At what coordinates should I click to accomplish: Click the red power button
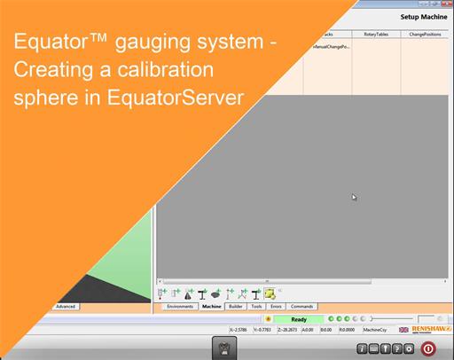click(x=428, y=348)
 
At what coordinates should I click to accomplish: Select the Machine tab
click(x=211, y=306)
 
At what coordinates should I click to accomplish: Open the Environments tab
click(x=180, y=306)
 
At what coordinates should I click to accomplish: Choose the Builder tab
click(x=236, y=306)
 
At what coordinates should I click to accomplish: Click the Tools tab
click(x=256, y=306)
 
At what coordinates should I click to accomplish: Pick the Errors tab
click(x=276, y=306)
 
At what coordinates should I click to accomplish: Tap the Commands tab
click(x=301, y=306)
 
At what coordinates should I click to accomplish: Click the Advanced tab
click(x=66, y=306)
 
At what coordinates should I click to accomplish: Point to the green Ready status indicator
click(x=299, y=319)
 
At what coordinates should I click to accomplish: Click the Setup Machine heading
click(x=422, y=17)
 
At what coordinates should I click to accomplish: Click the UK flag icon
click(x=404, y=329)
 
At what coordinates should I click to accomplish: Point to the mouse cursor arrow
click(x=354, y=197)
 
